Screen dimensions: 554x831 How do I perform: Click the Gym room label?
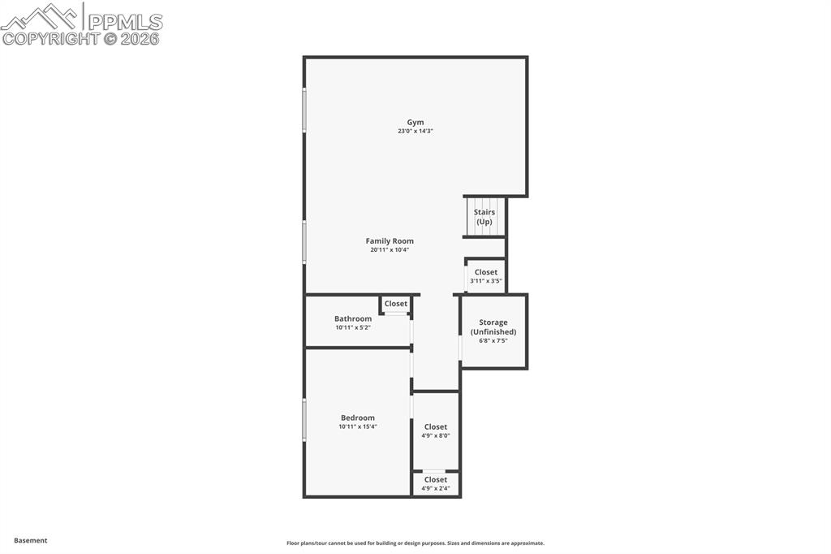coord(415,123)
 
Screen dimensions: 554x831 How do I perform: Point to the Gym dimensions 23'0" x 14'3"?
coord(415,132)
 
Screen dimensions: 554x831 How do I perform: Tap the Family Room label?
coord(390,241)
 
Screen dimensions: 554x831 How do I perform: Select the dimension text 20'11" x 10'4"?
coord(390,250)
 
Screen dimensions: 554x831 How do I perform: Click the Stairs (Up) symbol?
coord(484,217)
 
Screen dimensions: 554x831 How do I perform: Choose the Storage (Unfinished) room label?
coord(493,327)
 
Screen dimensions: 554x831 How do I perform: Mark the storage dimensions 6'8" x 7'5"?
coord(493,341)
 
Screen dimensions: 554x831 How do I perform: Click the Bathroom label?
coord(353,319)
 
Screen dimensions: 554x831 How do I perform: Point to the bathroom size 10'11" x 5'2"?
coord(353,328)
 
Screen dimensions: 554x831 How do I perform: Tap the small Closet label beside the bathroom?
coord(396,304)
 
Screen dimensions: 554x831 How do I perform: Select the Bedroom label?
coord(358,418)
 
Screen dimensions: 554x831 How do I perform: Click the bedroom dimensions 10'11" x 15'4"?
coord(358,427)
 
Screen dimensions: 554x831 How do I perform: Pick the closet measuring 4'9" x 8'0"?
coord(436,431)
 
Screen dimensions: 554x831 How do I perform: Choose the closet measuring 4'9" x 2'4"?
coord(436,484)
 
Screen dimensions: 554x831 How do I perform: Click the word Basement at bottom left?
coord(31,540)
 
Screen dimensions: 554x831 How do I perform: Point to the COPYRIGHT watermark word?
coord(50,38)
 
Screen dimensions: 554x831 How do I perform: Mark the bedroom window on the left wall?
coord(304,420)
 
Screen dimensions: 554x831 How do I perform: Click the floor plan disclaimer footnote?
coord(415,543)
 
